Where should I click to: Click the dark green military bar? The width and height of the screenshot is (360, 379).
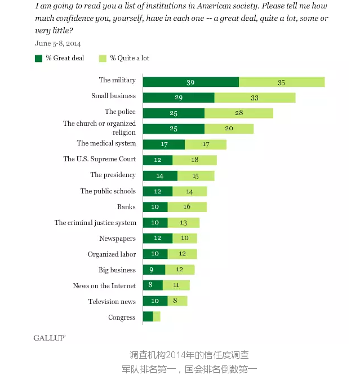190,82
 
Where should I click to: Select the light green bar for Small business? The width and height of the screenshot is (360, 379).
255,98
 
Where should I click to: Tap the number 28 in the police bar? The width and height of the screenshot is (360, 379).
239,113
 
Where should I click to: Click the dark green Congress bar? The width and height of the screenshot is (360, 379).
148,317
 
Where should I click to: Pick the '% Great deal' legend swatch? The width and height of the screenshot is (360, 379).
38,58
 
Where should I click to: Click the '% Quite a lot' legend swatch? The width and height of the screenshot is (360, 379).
103,58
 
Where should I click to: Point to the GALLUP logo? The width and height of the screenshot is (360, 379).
49,337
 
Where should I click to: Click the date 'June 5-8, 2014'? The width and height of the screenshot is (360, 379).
58,43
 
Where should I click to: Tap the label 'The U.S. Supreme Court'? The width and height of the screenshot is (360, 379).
99,159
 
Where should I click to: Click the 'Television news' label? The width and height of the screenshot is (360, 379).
112,301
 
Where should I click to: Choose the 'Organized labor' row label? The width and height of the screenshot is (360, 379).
112,254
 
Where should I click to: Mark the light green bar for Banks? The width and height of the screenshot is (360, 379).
187,207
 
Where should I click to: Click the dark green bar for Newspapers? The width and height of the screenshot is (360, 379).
158,239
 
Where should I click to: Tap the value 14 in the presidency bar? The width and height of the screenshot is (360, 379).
160,175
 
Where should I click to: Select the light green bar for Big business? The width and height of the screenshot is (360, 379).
180,270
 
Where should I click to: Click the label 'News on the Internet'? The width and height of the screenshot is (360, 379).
104,285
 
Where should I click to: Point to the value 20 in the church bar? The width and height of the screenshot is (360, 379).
229,129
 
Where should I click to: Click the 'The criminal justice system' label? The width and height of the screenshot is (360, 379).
95,223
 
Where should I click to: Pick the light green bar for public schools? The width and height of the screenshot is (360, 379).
189,191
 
